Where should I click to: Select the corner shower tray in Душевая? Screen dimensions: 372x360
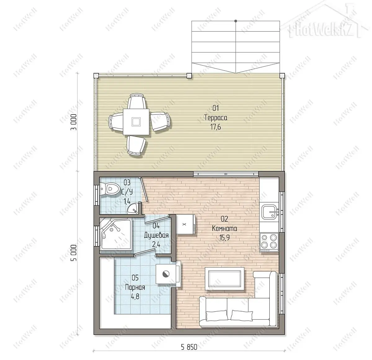115,234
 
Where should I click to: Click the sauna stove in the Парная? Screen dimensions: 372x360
166,274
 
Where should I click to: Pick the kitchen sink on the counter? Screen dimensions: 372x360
269,212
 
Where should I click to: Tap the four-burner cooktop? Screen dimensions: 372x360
269,242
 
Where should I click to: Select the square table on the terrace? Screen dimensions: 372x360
136,122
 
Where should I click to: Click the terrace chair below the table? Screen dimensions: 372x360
136,145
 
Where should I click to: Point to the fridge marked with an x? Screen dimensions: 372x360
185,224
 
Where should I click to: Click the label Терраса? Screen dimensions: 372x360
216,118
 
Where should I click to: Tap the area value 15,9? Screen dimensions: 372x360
224,238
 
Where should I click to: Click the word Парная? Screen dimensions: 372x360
135,287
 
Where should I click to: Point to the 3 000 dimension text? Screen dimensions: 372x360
73,122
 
